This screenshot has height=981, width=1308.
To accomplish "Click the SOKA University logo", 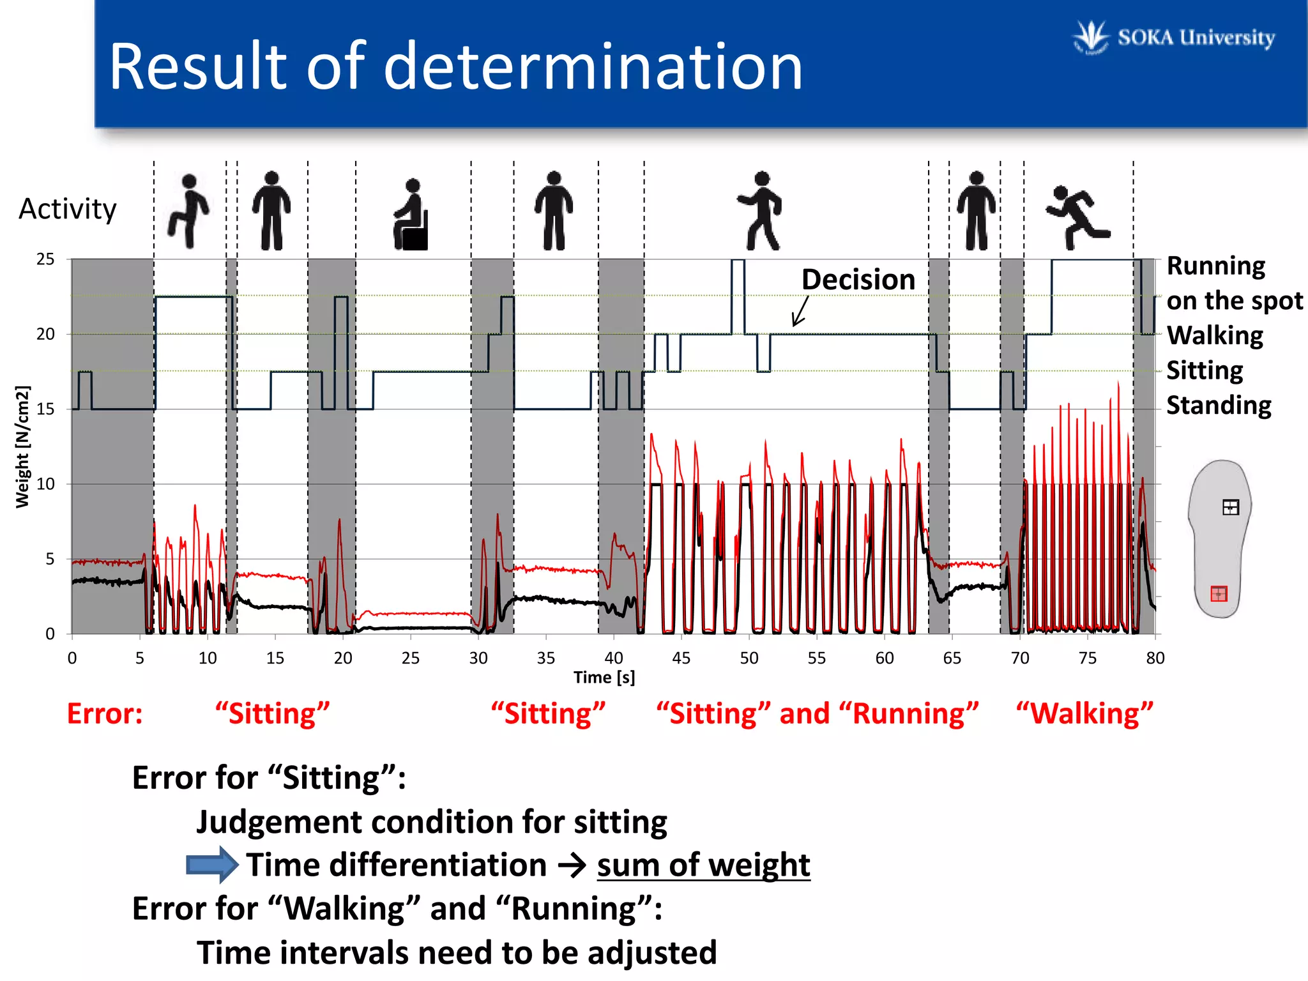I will [1174, 37].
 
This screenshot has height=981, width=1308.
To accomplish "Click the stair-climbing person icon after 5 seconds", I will [188, 211].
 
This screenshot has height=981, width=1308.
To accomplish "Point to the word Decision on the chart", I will [858, 280].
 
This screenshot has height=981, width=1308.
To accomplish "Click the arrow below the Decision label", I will [800, 312].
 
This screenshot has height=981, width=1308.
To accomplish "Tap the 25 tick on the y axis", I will [45, 259].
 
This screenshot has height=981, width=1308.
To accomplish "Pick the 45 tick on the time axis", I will [681, 658].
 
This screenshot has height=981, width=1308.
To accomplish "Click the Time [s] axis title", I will [604, 677].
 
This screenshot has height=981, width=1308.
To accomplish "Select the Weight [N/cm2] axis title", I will [22, 446].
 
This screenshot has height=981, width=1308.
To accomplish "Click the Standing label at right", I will [1218, 406].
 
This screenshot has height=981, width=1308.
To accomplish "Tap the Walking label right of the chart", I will [1214, 335].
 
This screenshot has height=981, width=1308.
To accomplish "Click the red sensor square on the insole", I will [1219, 594].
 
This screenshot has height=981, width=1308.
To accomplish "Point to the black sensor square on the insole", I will [1230, 508].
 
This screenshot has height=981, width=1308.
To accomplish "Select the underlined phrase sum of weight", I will [703, 865].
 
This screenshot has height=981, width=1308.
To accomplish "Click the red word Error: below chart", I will [105, 713].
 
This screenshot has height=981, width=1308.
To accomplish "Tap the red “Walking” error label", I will [1084, 713].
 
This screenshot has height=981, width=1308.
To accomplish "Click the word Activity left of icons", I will [68, 209].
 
